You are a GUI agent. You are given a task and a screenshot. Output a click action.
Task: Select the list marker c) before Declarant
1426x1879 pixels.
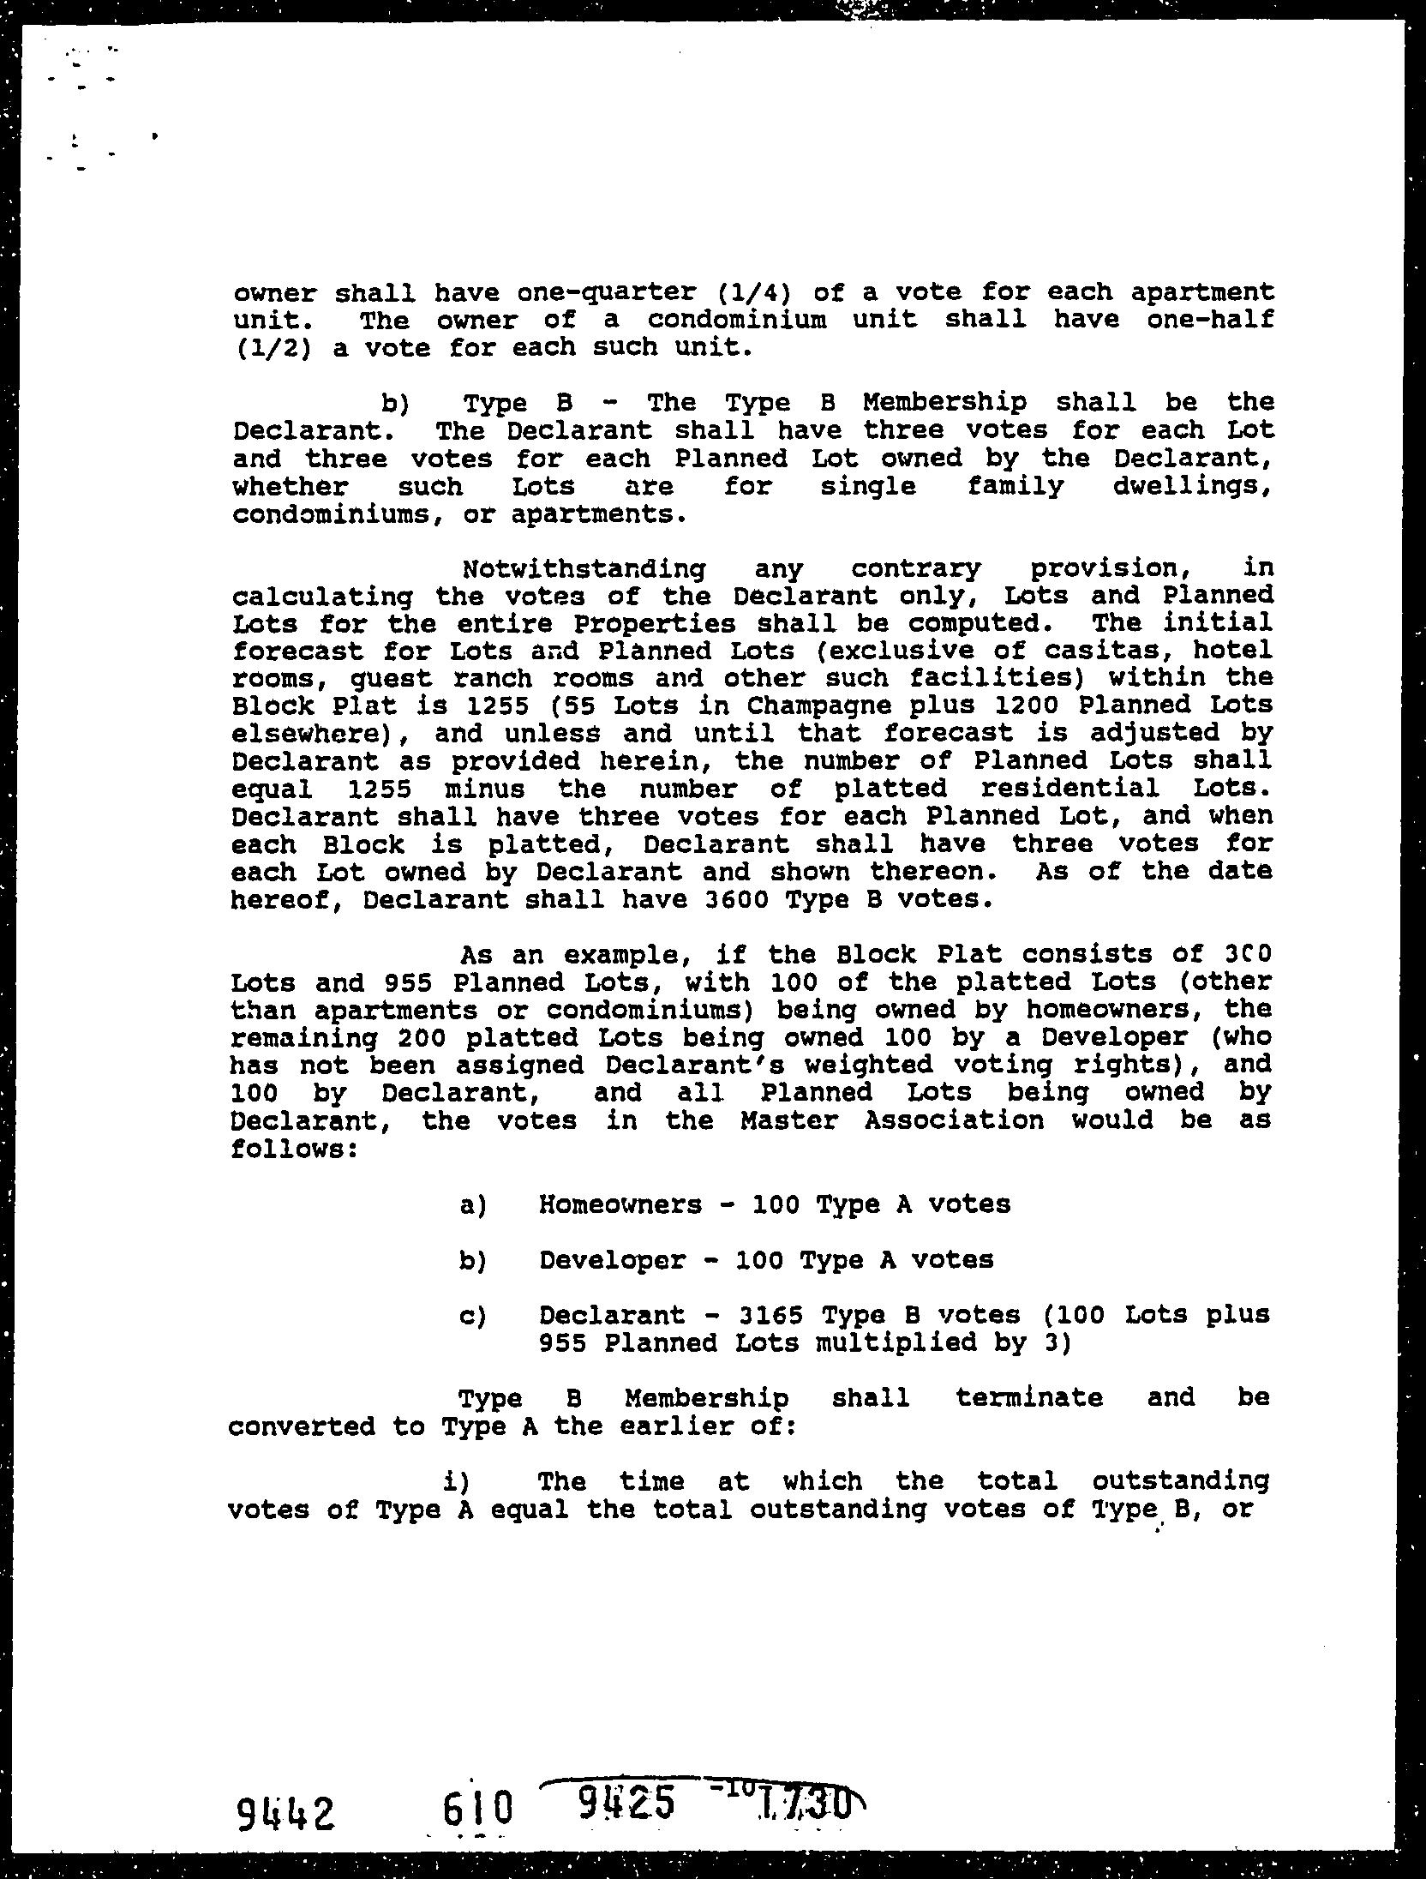click(473, 1316)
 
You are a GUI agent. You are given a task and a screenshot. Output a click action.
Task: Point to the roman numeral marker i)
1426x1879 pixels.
click(455, 1481)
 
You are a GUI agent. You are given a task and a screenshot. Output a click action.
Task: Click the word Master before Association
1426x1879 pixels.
click(789, 1120)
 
